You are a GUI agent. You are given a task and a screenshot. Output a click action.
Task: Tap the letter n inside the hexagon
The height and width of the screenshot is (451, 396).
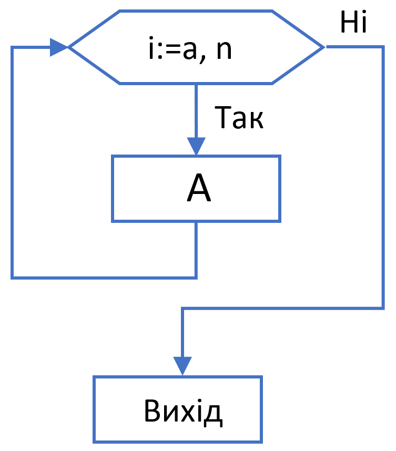[224, 52]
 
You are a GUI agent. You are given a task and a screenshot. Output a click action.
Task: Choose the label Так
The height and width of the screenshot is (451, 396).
[239, 119]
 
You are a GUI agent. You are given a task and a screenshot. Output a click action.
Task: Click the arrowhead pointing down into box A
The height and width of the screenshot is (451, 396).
[196, 146]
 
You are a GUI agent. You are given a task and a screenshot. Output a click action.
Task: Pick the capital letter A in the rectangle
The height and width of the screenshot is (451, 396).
[199, 189]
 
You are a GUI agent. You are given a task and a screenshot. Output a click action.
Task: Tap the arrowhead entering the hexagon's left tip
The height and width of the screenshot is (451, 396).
[59, 47]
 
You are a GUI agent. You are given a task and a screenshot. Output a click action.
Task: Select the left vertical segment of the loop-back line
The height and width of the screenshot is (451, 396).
[12, 158]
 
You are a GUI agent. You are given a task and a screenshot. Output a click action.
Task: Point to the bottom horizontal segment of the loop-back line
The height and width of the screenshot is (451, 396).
[105, 276]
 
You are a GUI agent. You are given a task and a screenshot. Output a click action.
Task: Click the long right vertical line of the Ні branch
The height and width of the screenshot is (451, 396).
[382, 179]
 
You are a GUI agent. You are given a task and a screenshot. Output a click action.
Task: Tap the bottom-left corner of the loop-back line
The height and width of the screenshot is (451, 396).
[12, 276]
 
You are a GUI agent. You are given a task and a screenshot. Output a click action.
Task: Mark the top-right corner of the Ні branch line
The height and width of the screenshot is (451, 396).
[382, 47]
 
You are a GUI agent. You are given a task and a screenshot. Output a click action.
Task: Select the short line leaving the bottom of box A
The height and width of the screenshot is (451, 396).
[196, 247]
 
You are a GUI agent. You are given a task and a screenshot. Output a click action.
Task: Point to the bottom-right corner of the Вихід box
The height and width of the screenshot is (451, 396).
[261, 441]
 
